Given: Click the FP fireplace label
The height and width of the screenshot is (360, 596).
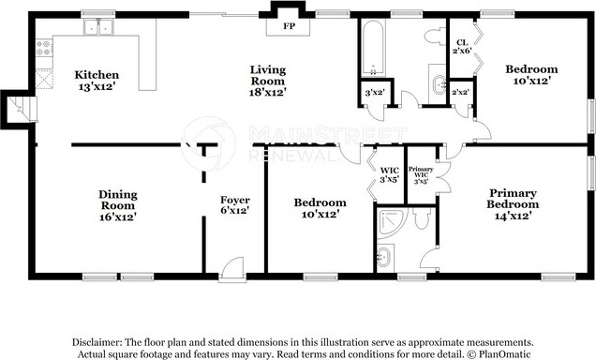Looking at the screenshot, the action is tap(289, 26).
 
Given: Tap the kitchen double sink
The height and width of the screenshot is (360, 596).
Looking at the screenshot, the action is tap(98, 27).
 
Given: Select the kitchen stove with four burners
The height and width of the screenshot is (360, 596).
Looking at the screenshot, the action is tap(44, 48).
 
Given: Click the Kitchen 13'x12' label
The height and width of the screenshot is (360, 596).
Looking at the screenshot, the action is tap(97, 81).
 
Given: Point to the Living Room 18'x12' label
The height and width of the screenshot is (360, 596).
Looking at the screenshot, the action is tap(268, 81).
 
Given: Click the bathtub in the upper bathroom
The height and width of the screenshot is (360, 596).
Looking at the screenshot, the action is tap(373, 48).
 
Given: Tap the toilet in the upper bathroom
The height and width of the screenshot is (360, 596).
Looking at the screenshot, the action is tap(435, 37).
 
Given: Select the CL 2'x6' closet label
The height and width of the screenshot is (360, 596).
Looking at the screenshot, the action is tap(462, 46).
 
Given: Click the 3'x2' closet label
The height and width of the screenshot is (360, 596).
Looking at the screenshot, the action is tap(375, 92).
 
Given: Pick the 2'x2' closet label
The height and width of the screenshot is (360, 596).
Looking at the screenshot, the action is tap(460, 92).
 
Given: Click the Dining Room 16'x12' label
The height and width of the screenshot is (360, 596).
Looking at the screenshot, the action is tap(118, 205).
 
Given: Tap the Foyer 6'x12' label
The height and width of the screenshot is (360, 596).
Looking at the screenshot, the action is tap(235, 205).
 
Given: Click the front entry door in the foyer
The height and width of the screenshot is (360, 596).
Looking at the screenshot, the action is tap(232, 270).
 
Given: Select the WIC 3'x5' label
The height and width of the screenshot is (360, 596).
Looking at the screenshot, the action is tap(389, 175).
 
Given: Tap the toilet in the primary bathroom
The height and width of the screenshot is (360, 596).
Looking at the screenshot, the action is tap(422, 217).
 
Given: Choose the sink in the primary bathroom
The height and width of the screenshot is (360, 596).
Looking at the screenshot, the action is tap(384, 258).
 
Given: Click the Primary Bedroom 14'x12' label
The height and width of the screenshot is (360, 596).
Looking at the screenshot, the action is tap(513, 204).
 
